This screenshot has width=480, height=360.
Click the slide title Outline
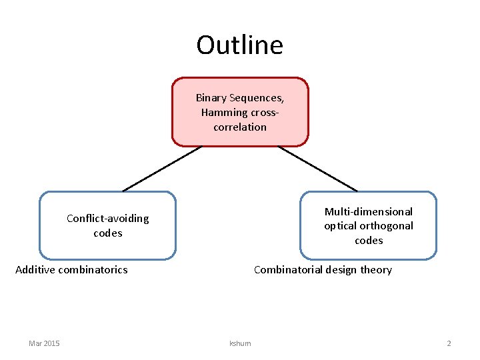[239, 45]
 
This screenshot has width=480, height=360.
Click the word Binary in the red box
[211, 98]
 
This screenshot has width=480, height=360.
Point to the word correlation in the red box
[240, 127]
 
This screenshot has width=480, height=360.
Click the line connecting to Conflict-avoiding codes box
[162, 169]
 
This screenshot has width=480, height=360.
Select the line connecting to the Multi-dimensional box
[317, 169]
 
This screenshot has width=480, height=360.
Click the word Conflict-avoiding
[108, 219]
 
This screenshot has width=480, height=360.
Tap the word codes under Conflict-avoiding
[108, 233]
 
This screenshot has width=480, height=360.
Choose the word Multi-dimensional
[369, 211]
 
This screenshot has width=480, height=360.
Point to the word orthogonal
[388, 226]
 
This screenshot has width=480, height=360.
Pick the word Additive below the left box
[35, 270]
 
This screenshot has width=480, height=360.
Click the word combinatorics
[93, 270]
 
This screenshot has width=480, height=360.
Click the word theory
[376, 270]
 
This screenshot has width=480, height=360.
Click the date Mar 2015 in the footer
[44, 343]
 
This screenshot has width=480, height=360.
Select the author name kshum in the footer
[240, 343]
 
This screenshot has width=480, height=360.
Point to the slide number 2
[449, 343]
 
